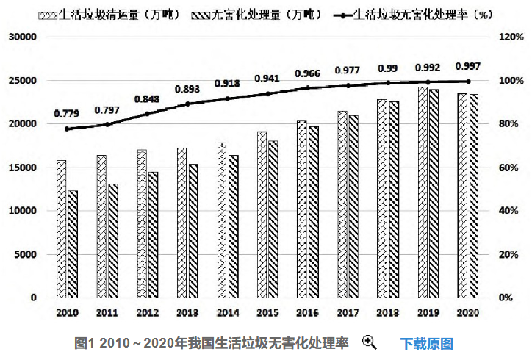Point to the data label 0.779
67,113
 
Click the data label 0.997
469,65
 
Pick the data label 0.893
187,89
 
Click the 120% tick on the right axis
510,37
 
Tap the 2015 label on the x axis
267,313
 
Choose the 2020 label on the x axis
468,313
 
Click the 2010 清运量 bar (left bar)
62,228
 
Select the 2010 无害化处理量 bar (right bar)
73,244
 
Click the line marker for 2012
147,114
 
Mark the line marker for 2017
348,86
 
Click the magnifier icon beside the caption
369,342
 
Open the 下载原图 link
426,343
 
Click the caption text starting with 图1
212,343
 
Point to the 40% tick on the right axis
510,211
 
